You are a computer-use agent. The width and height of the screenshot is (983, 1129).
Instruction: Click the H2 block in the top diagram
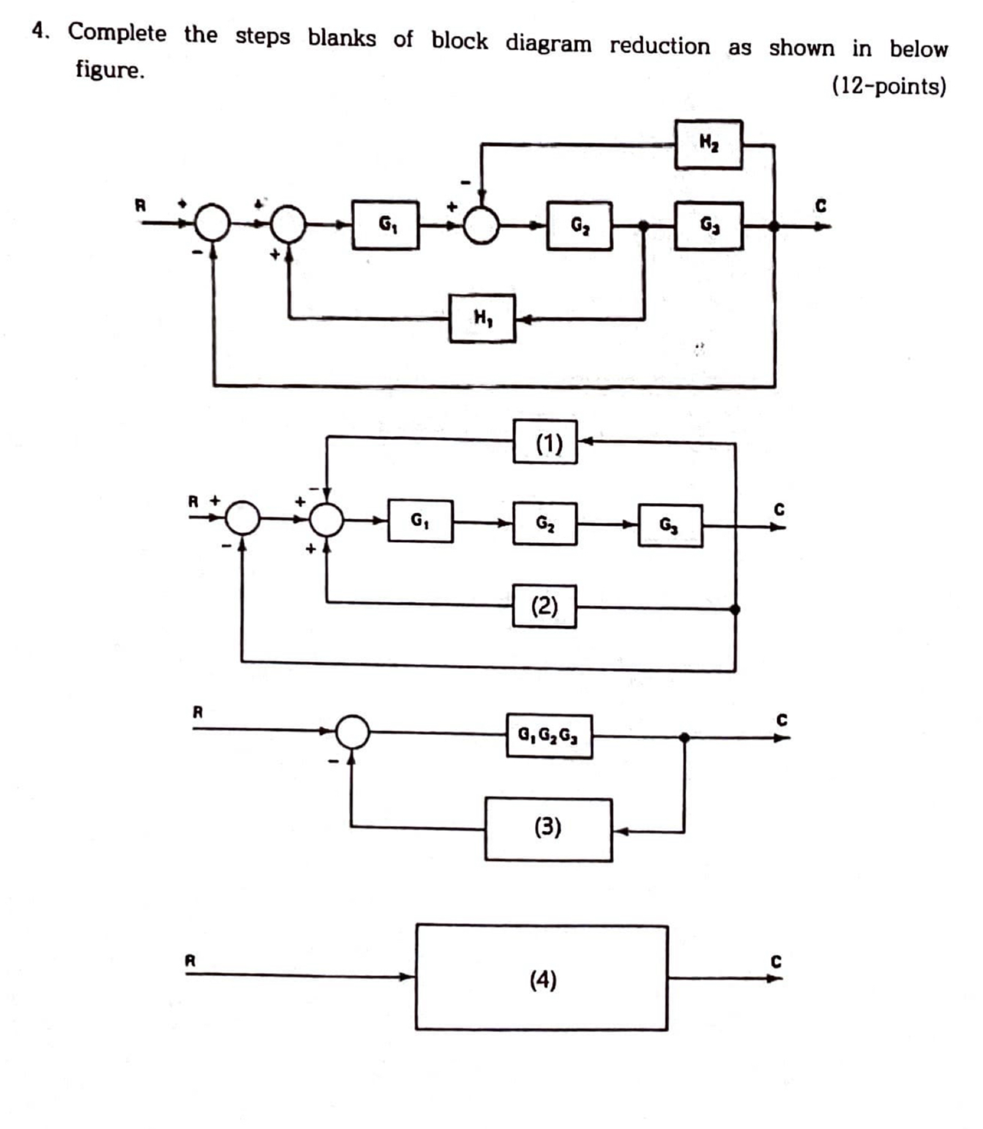tap(708, 144)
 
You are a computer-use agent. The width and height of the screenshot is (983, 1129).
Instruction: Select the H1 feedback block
tap(482, 318)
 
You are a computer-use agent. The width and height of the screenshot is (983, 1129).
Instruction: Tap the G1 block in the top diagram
tap(386, 225)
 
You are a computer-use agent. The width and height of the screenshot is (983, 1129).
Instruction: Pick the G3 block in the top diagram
tap(708, 226)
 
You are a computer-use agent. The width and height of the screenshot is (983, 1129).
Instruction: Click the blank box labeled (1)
tap(545, 442)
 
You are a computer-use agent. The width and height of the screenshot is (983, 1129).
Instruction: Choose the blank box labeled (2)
tap(544, 606)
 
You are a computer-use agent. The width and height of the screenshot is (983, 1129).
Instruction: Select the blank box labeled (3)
tap(548, 829)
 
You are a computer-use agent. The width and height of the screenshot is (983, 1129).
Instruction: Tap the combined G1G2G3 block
tap(548, 736)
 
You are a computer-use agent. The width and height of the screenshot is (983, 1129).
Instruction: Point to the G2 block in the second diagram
tap(544, 523)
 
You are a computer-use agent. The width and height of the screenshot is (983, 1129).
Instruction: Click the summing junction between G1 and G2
tap(481, 226)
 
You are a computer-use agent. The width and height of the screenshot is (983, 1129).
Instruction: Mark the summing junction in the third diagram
tap(353, 732)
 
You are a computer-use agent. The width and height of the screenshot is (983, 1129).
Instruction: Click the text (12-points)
tap(888, 86)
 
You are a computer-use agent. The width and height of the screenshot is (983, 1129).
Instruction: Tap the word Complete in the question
tap(117, 32)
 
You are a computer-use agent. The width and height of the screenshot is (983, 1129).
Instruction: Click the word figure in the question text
tap(110, 69)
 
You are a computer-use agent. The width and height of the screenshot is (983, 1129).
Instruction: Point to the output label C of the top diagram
tap(820, 206)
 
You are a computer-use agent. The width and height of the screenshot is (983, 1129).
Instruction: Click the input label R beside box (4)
tap(190, 961)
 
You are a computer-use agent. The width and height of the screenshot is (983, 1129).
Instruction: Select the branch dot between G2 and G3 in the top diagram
tap(643, 226)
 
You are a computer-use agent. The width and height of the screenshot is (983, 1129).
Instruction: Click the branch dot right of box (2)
tap(735, 609)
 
